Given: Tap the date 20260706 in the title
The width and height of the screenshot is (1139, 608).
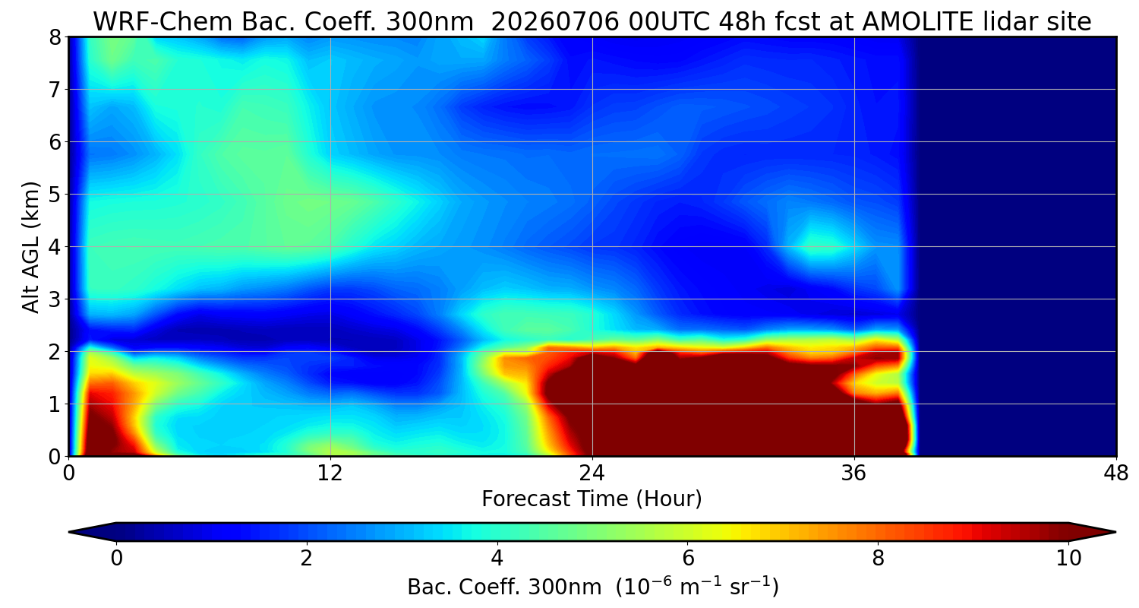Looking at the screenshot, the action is click(x=555, y=21).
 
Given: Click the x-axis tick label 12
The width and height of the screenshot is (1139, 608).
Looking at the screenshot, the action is click(x=330, y=473).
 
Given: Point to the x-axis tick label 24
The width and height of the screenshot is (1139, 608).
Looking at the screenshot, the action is click(x=592, y=473).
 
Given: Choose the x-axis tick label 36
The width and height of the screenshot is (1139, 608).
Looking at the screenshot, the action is click(x=853, y=473).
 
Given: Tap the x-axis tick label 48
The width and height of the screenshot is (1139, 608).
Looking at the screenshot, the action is click(x=1116, y=473).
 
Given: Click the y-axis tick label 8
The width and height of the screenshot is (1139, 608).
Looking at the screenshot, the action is click(x=55, y=37).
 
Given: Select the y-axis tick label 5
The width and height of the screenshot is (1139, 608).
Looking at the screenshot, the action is click(x=55, y=195).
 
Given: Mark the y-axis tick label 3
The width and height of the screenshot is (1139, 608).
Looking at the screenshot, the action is click(x=55, y=299).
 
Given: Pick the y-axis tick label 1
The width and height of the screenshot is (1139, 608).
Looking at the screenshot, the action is click(x=55, y=404).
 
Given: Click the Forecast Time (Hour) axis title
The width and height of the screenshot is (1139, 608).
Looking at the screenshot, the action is click(x=592, y=499).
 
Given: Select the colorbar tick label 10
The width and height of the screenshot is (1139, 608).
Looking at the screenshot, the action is click(x=1068, y=559).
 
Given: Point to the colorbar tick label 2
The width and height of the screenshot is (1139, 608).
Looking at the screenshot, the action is click(x=306, y=559).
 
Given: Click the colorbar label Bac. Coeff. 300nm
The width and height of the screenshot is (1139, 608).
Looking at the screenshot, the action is click(x=504, y=587).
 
